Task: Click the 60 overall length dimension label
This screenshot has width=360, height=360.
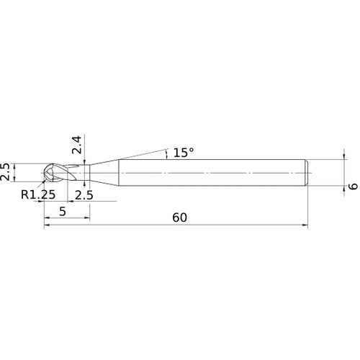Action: (179, 217)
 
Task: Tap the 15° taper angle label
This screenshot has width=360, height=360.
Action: (184, 153)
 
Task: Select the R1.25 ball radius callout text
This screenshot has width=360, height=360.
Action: (38, 194)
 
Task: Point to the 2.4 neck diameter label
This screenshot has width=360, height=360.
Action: (77, 145)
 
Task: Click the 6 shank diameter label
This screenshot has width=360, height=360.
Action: (353, 186)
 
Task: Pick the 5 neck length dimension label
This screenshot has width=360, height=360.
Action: (63, 212)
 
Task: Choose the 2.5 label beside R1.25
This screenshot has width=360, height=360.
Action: (84, 195)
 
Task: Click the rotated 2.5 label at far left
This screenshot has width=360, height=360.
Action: (5, 172)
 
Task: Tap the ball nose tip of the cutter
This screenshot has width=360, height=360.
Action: (45, 173)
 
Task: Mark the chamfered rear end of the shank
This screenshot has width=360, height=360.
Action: (307, 173)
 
